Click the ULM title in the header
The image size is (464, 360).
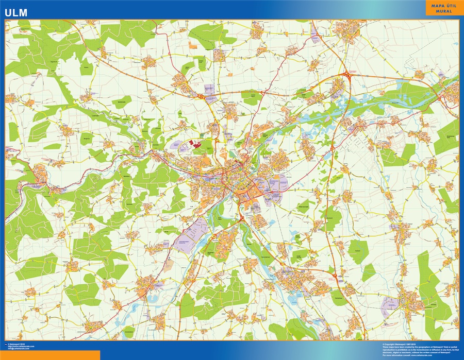point(18,11)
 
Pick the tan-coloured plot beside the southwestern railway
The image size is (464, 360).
point(168,263)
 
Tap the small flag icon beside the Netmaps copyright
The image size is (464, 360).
point(6,344)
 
